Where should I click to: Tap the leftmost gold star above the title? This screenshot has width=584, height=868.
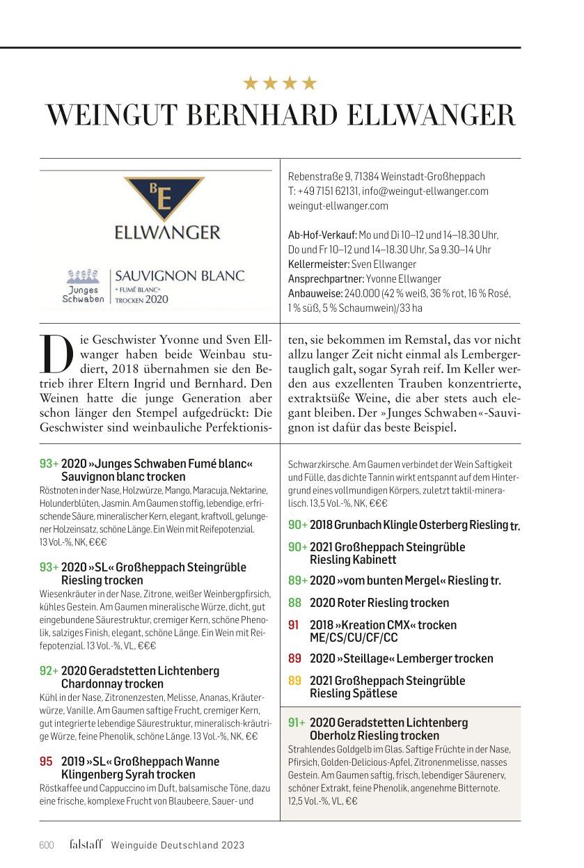[250, 84]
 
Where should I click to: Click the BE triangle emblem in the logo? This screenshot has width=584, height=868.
[164, 198]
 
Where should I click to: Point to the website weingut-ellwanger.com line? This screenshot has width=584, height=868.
[338, 206]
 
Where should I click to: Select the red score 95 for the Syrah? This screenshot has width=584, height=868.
[46, 762]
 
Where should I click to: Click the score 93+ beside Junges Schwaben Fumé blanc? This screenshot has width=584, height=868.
[49, 464]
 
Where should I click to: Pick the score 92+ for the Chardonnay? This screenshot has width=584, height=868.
[49, 671]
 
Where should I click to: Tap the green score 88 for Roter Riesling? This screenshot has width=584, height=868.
[294, 603]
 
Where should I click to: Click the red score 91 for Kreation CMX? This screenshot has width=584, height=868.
[294, 625]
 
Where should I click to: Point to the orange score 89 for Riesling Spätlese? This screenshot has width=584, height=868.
[294, 681]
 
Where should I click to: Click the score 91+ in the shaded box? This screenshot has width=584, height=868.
[297, 723]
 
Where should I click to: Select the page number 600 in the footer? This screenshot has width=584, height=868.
[46, 845]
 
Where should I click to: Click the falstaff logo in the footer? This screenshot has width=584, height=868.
[86, 844]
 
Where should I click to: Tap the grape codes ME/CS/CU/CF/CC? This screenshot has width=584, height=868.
[354, 638]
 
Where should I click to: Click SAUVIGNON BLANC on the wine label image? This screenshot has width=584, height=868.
[180, 276]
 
